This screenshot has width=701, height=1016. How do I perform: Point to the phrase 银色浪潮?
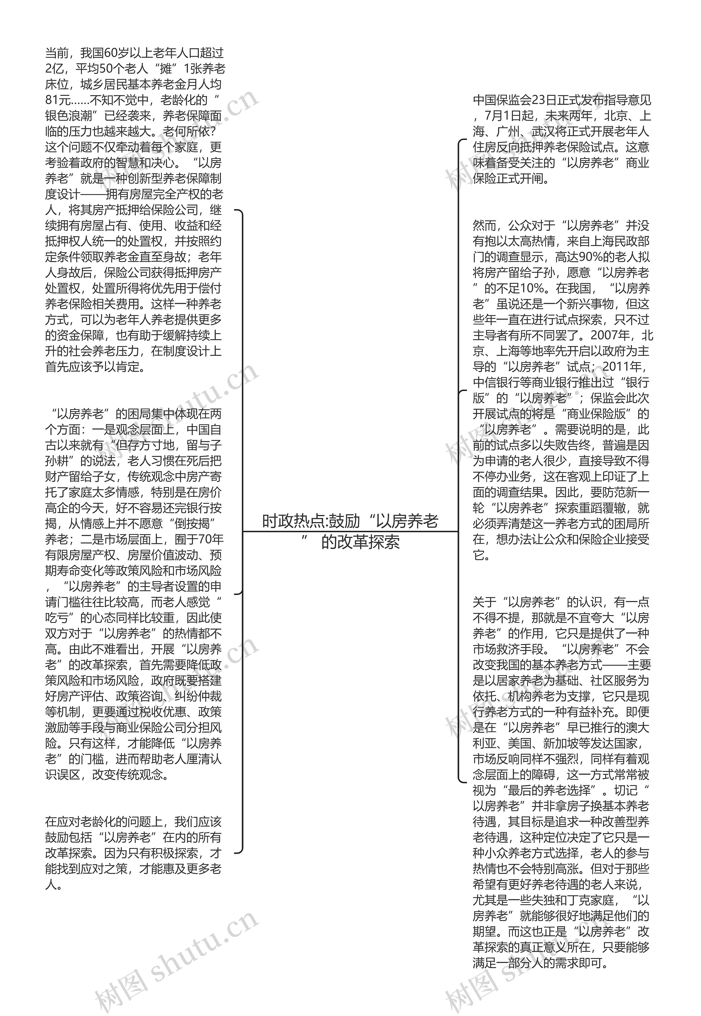(x=69, y=116)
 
